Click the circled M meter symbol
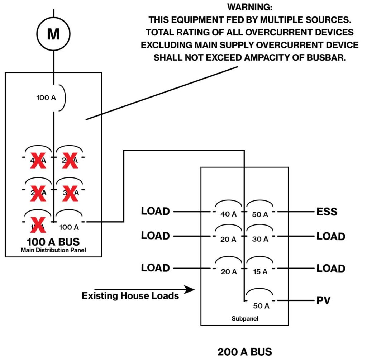53,34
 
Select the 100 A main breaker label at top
46,98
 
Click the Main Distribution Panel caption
53,250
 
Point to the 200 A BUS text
245,351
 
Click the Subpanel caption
245,318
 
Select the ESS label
327,212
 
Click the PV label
323,300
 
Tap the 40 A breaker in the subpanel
229,214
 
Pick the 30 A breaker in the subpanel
260,240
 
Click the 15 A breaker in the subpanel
260,272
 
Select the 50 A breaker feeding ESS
260,214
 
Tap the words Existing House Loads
130,296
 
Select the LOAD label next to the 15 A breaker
331,268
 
